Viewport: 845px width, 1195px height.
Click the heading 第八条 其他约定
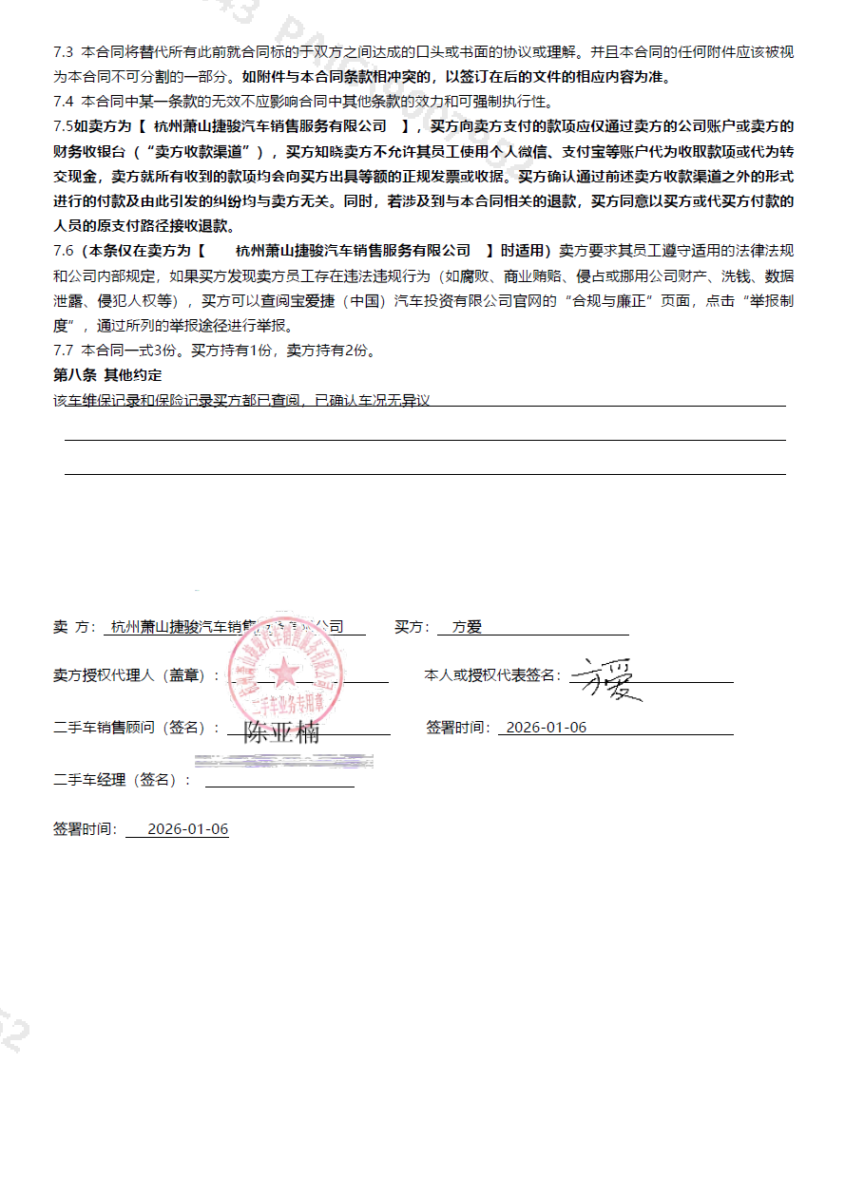click(107, 375)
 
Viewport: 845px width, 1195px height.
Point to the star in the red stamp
click(283, 673)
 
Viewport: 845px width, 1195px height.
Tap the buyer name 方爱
click(468, 627)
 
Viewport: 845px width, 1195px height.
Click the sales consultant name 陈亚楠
click(281, 733)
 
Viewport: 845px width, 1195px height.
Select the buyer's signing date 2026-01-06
click(547, 727)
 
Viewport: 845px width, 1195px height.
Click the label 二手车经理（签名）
click(121, 780)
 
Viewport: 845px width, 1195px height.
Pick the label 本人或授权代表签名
click(491, 675)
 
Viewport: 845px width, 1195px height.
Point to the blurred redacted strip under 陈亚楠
click(283, 761)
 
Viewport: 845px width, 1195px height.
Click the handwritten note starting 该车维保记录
click(242, 401)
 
